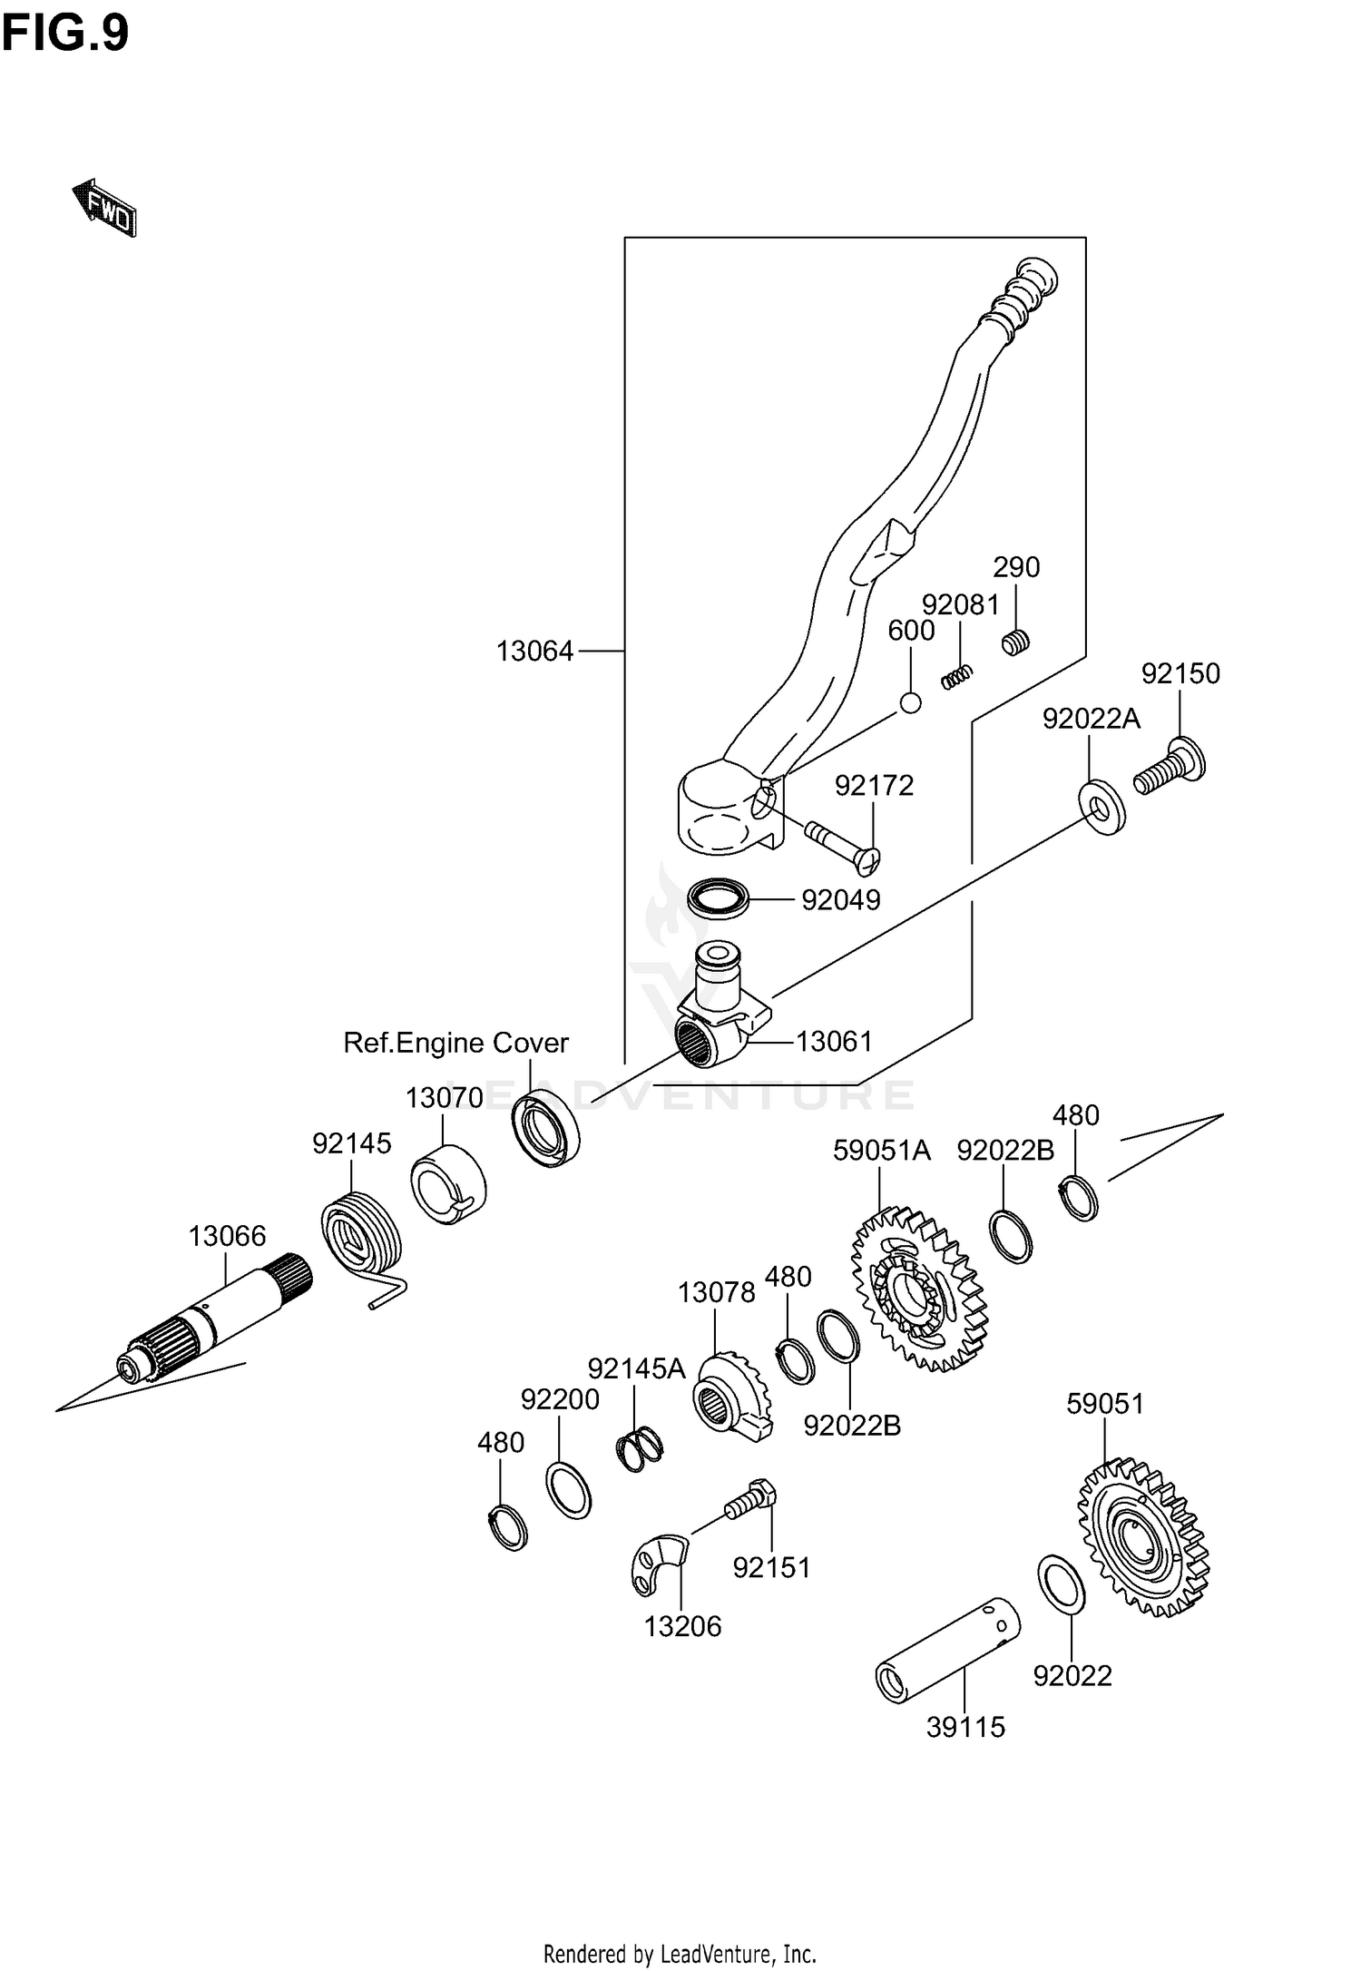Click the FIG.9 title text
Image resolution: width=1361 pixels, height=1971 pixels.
click(65, 34)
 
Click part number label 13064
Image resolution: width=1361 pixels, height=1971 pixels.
click(534, 651)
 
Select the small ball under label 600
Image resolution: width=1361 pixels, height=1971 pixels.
click(911, 702)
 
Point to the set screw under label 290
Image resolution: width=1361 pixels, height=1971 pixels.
click(1016, 642)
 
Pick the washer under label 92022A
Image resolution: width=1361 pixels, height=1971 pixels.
click(1102, 805)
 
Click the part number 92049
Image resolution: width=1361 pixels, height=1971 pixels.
click(841, 899)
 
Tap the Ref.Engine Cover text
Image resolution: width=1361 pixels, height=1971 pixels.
click(455, 1043)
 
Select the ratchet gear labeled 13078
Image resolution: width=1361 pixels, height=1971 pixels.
click(731, 1397)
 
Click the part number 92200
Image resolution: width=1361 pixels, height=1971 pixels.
click(560, 1400)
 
